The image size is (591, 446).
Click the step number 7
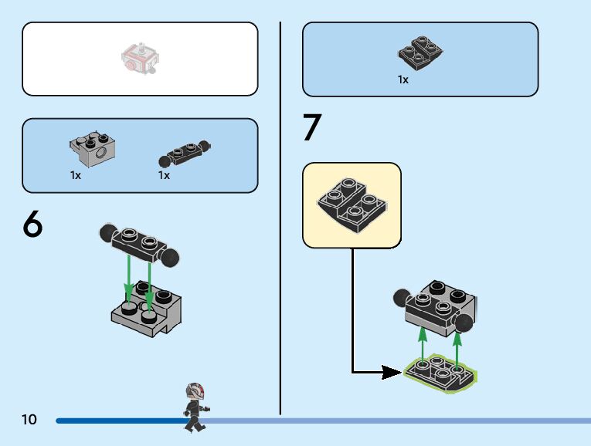(x=311, y=128)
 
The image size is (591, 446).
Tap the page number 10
(x=29, y=420)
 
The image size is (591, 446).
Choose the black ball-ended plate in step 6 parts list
(x=184, y=152)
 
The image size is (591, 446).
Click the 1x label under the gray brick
(x=76, y=176)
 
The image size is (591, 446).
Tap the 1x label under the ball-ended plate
(x=164, y=176)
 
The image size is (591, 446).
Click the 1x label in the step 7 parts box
(x=403, y=79)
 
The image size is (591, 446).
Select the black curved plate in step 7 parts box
(x=420, y=51)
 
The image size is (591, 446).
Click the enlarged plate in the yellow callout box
(x=352, y=204)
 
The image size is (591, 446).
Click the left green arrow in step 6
(x=129, y=278)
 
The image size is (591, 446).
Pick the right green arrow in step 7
(x=457, y=349)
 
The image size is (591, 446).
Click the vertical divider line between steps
(x=280, y=216)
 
